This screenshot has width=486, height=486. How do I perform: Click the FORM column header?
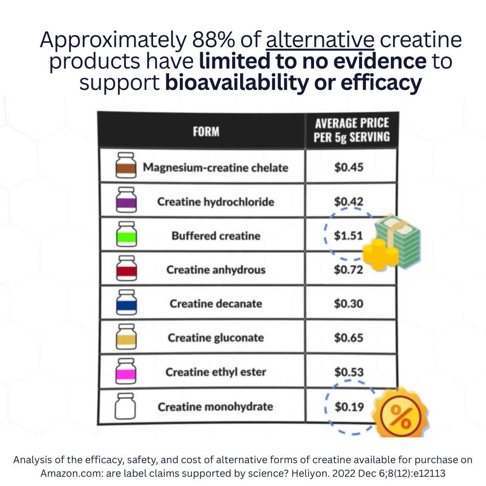pyautogui.click(x=206, y=131)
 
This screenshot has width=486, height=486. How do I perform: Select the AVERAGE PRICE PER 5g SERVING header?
pyautogui.click(x=351, y=130)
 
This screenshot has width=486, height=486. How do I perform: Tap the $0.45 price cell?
pyautogui.click(x=348, y=168)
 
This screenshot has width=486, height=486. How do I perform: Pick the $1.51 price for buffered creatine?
pyautogui.click(x=348, y=236)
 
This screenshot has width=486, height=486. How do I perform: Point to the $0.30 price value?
pyautogui.click(x=348, y=304)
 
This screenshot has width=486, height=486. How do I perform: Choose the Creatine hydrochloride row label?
pyautogui.click(x=215, y=202)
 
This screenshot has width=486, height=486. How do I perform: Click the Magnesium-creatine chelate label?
pyautogui.click(x=215, y=168)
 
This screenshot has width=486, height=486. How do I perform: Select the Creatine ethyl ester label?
pyautogui.click(x=215, y=372)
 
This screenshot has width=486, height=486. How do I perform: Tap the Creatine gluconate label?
pyautogui.click(x=215, y=338)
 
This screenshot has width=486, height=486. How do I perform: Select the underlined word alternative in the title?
pyautogui.click(x=320, y=40)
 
